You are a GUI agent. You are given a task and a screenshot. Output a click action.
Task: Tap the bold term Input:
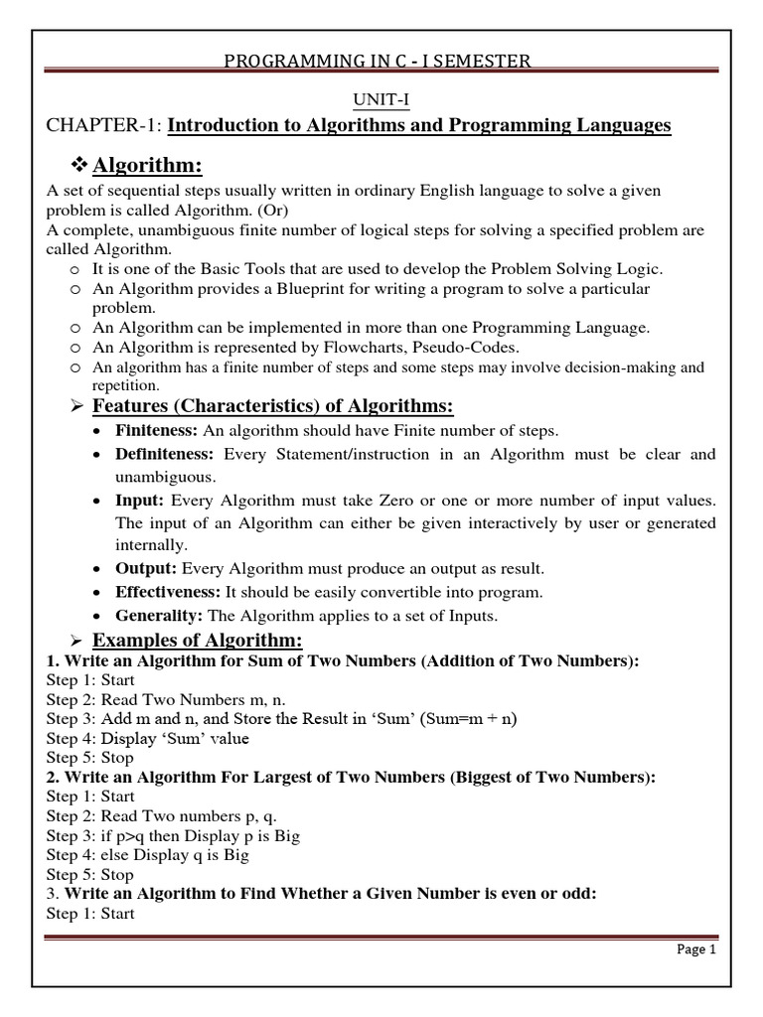136,500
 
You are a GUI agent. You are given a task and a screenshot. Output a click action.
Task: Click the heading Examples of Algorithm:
197,641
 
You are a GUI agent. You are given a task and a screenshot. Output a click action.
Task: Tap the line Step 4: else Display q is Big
147,854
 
